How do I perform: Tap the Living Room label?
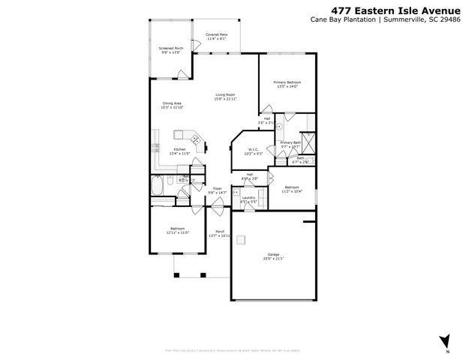coord(225,94)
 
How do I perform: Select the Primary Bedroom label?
coord(287,82)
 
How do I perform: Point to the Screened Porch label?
coord(170,48)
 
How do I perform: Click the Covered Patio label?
coord(217,34)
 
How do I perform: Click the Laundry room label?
coord(248,197)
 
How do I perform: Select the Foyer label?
coord(217,188)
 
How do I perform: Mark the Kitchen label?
coord(179,149)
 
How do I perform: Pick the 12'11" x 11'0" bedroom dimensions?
coord(177,232)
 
